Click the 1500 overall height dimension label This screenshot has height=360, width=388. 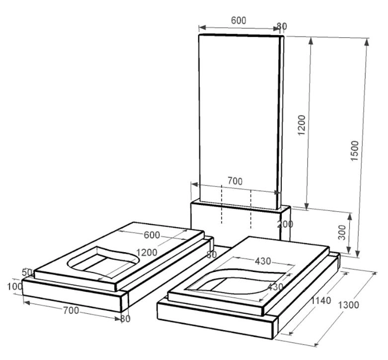(x=355, y=151)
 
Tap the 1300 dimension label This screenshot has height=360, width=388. (x=348, y=305)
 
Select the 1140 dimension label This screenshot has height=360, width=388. (x=321, y=300)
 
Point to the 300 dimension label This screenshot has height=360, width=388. (x=342, y=232)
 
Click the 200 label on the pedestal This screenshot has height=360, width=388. (x=285, y=224)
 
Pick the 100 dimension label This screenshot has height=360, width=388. (x=15, y=287)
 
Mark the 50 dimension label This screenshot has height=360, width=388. (x=27, y=272)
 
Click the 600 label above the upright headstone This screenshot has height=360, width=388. (x=238, y=20)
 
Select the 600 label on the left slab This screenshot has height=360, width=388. (x=152, y=235)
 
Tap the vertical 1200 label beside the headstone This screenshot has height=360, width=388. (x=302, y=125)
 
